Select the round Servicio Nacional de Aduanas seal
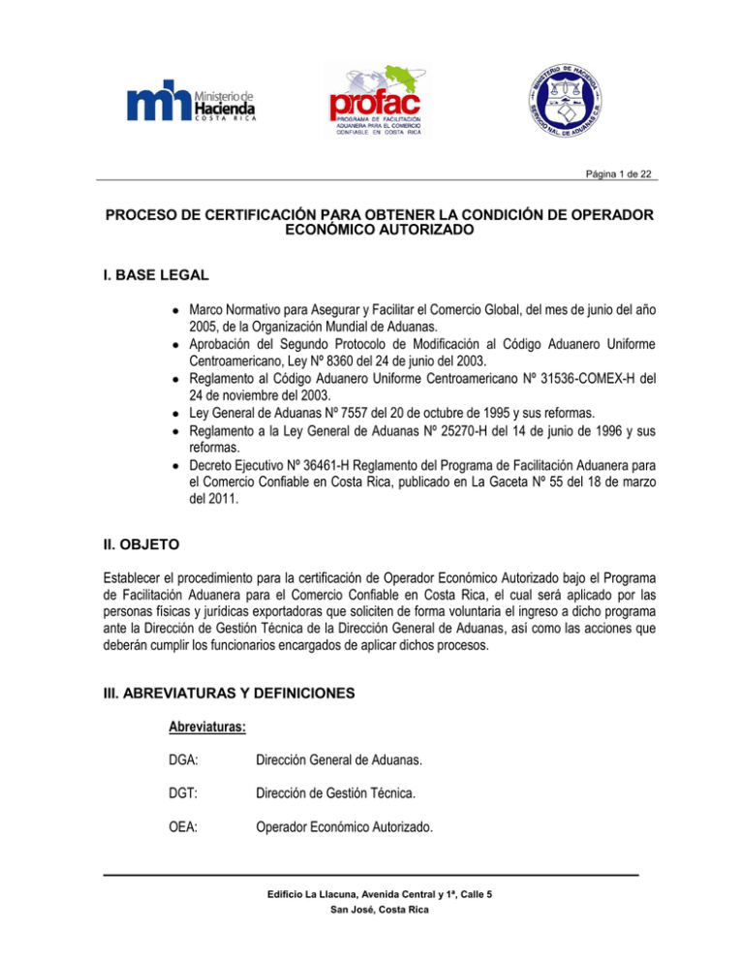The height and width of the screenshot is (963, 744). pos(569,100)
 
